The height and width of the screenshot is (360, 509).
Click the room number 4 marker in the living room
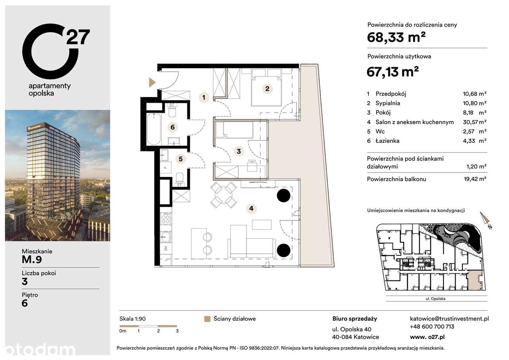coord(251,208)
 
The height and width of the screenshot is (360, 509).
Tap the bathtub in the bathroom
coord(153,129)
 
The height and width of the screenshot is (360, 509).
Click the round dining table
coord(223,195)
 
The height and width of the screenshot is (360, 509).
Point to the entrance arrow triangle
coord(152,82)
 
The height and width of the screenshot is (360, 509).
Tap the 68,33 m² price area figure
coord(396,38)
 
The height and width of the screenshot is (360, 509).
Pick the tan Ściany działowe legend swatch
coord(206,319)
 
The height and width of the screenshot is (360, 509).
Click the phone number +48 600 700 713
coord(432,327)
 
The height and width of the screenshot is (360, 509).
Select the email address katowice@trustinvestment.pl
coord(449,319)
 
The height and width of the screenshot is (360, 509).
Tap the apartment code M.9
coord(32,260)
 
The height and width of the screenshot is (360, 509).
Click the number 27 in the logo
coord(78,37)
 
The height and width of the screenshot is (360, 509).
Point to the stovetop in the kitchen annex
coord(165,219)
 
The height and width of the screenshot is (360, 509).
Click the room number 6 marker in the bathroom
coord(172,127)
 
